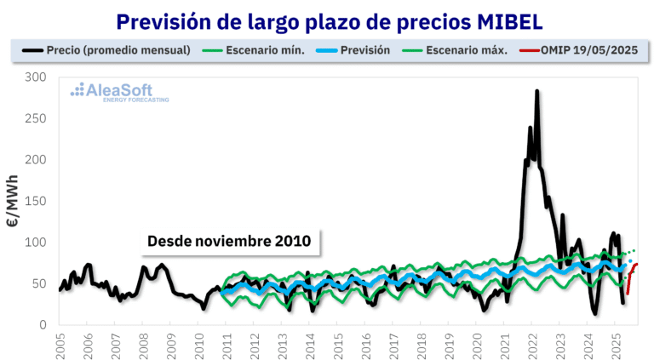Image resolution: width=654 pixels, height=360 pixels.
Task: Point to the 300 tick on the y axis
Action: click(x=37, y=77)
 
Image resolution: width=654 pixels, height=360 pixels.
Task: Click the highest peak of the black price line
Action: click(x=536, y=91)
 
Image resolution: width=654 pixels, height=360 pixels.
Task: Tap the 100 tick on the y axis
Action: click(x=37, y=243)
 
